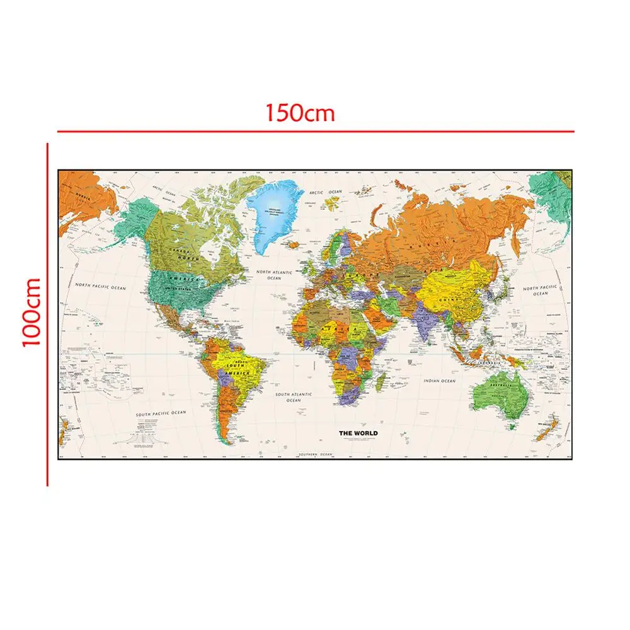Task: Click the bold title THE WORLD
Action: point(358,433)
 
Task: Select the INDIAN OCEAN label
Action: point(439,381)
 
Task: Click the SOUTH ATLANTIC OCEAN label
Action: point(293,397)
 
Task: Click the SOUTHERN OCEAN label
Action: point(315,454)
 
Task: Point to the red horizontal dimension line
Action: point(315,132)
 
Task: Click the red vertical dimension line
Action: point(47,315)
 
